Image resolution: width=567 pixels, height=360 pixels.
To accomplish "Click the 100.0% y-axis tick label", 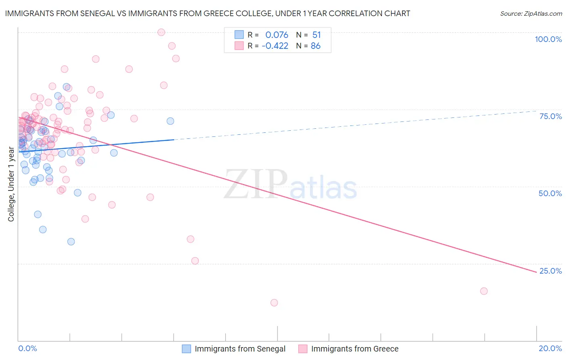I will (548, 39).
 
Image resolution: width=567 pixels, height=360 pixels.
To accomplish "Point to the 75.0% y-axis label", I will (550, 116).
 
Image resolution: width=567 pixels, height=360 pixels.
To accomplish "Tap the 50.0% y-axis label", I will (550, 193).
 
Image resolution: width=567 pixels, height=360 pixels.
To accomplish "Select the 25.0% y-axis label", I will (550, 271).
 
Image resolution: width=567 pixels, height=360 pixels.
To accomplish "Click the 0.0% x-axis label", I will (27, 348).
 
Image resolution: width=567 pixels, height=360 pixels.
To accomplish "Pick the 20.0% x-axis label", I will (550, 348).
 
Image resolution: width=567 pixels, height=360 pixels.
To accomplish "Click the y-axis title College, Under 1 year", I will (11, 184).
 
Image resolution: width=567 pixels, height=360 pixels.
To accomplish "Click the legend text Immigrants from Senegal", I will (240, 349).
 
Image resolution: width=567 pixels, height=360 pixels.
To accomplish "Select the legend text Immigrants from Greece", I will (354, 349).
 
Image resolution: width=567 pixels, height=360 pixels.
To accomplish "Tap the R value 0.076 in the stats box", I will (277, 35).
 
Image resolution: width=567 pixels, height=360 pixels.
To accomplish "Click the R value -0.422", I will (275, 46).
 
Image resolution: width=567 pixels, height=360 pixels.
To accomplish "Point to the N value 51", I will (316, 35).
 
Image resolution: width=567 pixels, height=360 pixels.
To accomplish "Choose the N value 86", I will (315, 46).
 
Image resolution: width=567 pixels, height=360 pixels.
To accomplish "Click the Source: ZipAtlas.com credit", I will (531, 14).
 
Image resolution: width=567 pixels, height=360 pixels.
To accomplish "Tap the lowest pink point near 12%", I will (274, 303).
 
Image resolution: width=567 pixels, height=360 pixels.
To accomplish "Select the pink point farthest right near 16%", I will (484, 291).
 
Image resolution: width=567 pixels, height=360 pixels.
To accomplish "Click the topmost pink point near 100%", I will (161, 32).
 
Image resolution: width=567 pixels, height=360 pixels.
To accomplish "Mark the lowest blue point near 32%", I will (71, 242).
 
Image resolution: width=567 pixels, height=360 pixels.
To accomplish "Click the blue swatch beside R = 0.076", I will (239, 35).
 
